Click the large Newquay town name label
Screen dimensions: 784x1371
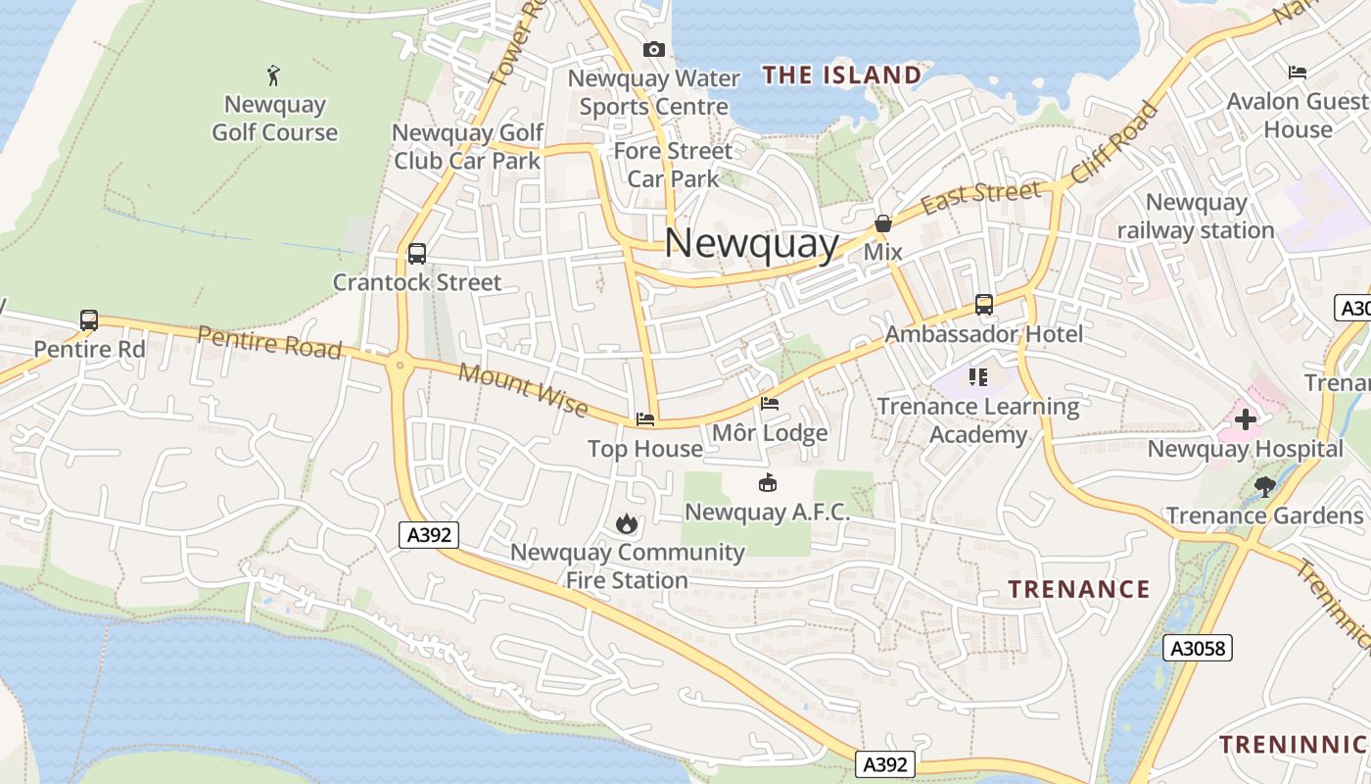(x=751, y=243)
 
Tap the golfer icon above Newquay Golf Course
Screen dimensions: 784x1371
(x=274, y=74)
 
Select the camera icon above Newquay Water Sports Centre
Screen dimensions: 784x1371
(x=653, y=49)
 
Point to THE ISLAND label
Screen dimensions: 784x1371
(x=842, y=75)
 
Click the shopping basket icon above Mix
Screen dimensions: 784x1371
(x=883, y=223)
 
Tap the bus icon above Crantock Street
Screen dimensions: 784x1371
(x=416, y=254)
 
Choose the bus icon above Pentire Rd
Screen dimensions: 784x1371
(x=89, y=320)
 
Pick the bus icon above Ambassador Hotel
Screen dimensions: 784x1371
(x=983, y=305)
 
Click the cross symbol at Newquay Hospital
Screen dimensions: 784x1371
(x=1246, y=420)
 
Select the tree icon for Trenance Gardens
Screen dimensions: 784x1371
(x=1264, y=485)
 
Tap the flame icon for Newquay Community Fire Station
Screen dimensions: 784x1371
(x=627, y=523)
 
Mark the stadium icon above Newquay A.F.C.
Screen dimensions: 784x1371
(x=767, y=483)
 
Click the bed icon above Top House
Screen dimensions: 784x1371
(x=644, y=419)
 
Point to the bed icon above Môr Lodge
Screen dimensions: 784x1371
(x=770, y=404)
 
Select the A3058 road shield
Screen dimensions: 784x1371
(x=1198, y=648)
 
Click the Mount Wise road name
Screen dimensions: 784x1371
(x=523, y=389)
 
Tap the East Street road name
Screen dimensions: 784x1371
(x=979, y=197)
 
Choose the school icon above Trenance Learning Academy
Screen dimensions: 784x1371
(x=976, y=376)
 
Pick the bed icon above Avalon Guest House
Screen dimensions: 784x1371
(x=1298, y=73)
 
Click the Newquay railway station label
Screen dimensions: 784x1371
(x=1196, y=217)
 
